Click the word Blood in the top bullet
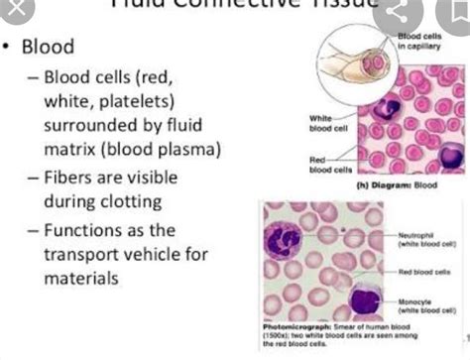[48, 47]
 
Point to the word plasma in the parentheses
[192, 152]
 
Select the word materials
[80, 279]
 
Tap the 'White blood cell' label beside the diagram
[326, 121]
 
